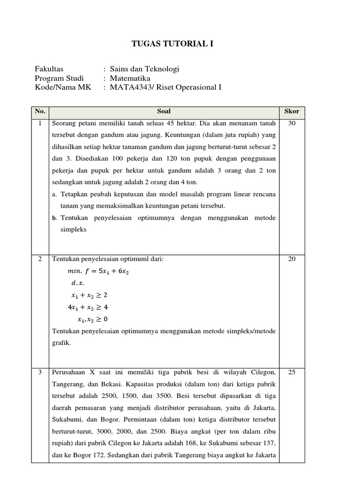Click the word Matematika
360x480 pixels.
[x=130, y=78]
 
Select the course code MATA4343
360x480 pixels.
[x=129, y=87]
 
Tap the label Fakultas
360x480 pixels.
[x=49, y=69]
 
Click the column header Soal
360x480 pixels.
[x=164, y=112]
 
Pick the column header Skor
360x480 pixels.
[x=292, y=112]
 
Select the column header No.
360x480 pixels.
[x=40, y=112]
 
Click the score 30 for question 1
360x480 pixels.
[x=292, y=124]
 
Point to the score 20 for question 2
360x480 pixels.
[x=292, y=259]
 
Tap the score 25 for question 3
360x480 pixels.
[x=292, y=372]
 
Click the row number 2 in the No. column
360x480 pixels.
[x=40, y=259]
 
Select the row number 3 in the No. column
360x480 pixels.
[x=40, y=372]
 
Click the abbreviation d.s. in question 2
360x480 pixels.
[x=77, y=283]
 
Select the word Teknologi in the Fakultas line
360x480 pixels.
[x=161, y=69]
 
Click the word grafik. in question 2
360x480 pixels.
[x=61, y=343]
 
